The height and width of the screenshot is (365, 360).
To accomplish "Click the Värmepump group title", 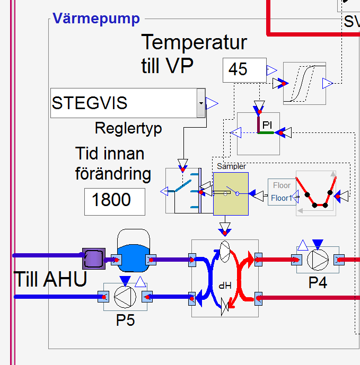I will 96,19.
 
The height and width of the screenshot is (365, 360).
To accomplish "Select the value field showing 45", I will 244,70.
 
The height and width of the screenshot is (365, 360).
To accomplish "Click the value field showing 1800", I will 115,200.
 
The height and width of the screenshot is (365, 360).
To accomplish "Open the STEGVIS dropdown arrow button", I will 200,103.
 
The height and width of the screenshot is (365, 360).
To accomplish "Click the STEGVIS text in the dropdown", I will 90,103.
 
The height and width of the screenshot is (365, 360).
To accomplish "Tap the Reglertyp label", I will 128,128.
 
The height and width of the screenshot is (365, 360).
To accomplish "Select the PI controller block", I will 258,133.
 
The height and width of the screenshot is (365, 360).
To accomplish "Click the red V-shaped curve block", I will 316,193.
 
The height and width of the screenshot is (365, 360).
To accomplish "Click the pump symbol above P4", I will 318,260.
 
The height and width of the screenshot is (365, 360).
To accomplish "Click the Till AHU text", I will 50,280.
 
